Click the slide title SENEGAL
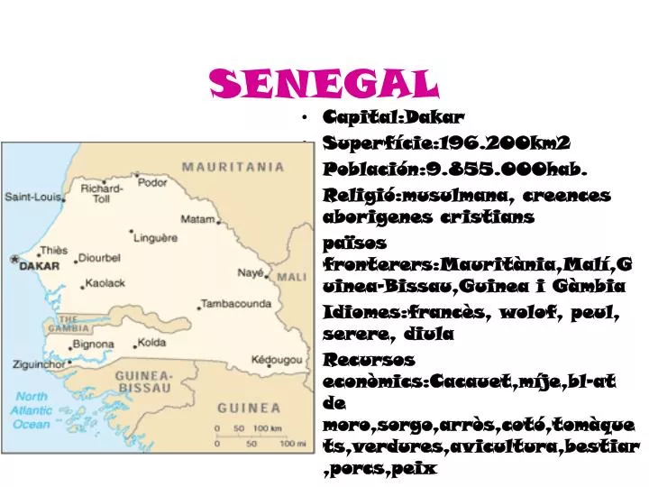pyautogui.click(x=324, y=84)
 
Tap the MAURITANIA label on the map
pyautogui.click(x=233, y=167)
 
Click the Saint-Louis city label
pyautogui.click(x=30, y=197)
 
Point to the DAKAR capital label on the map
pyautogui.click(x=40, y=266)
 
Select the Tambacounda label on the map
pyautogui.click(x=235, y=304)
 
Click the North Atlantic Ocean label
pyautogui.click(x=32, y=410)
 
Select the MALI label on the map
pyautogui.click(x=291, y=277)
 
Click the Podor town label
pyautogui.click(x=151, y=182)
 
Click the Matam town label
pyautogui.click(x=197, y=218)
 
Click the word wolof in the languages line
pyautogui.click(x=532, y=312)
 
